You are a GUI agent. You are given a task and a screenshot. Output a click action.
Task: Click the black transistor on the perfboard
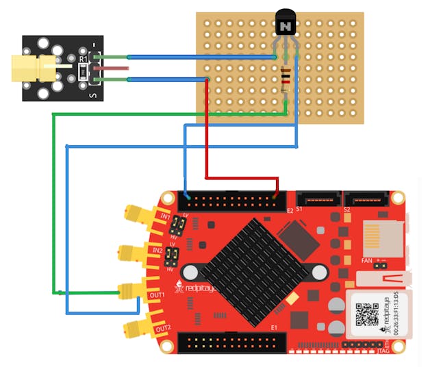pos(285,25)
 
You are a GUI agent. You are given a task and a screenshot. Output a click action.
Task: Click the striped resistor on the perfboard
pos(285,81)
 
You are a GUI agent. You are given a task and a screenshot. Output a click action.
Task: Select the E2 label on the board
pos(290,210)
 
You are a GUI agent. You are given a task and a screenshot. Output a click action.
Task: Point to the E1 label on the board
pos(274,327)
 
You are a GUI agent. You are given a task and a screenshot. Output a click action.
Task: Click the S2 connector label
pos(347,208)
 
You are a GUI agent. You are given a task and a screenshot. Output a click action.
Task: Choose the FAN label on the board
pos(367,260)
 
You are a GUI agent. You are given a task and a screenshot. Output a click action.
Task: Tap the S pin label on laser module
pos(93,95)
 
